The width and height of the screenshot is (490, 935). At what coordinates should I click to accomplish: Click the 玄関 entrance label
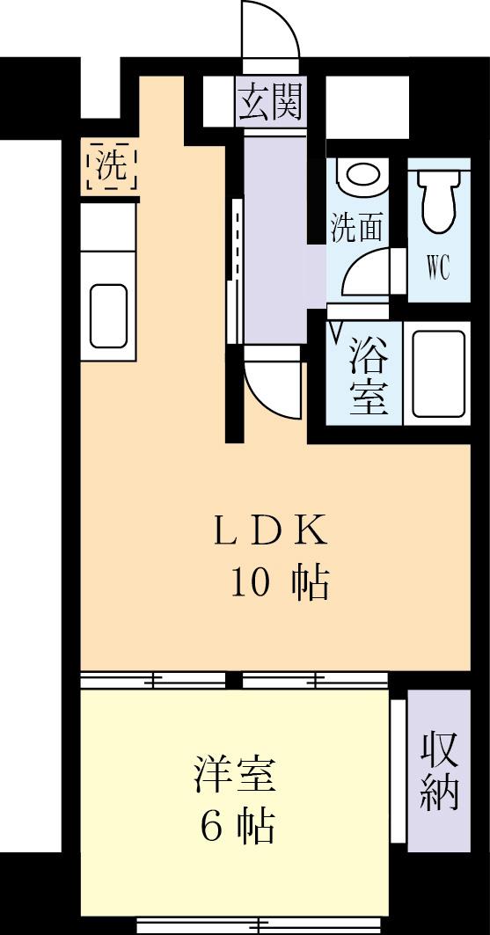pos(270,101)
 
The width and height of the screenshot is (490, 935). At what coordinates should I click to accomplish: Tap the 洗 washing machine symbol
pos(111,166)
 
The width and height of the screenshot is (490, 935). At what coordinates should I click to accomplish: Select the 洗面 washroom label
pos(356,229)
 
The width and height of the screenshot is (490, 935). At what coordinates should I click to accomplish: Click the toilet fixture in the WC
pos(437,199)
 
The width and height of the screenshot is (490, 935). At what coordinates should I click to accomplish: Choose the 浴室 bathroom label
pos(369,376)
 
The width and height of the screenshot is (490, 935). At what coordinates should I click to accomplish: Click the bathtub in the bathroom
pos(438,376)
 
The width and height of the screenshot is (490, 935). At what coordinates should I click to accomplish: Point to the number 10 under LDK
pos(250,581)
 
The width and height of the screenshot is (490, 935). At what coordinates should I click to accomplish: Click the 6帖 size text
pos(237,827)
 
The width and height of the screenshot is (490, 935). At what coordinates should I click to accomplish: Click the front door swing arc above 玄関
pos(270,31)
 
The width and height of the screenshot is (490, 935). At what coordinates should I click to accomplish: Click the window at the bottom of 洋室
pos(260,924)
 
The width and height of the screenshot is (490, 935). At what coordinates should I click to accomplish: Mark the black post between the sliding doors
pos(233,679)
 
